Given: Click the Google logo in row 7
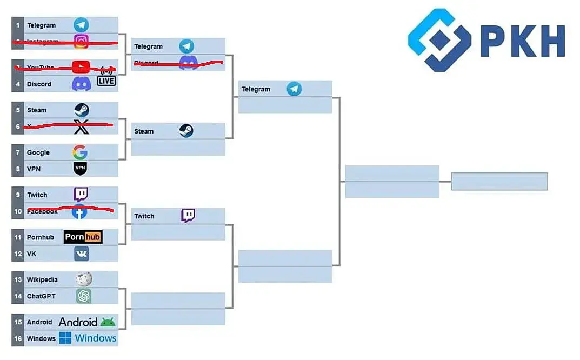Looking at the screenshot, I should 80,152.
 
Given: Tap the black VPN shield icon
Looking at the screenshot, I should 80,169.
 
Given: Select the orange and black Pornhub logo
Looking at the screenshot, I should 83,237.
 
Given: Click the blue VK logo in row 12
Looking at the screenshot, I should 82,254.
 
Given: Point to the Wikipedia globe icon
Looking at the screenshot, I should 83,279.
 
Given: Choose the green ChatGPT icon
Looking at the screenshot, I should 83,296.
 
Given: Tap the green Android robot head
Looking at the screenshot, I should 108,322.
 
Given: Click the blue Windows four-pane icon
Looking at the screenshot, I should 65,338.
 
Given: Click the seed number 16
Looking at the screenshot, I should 18,339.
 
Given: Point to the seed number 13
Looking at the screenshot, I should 18,279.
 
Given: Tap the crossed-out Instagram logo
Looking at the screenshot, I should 81,42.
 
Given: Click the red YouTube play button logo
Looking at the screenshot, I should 81,67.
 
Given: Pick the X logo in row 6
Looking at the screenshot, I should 81,128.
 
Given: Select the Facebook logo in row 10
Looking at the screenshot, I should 79,212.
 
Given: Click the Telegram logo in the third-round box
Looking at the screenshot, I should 294,89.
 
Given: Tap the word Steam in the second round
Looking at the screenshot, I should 144,131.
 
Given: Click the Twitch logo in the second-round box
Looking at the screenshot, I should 188,216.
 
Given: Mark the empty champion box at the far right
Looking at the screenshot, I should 499,181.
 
